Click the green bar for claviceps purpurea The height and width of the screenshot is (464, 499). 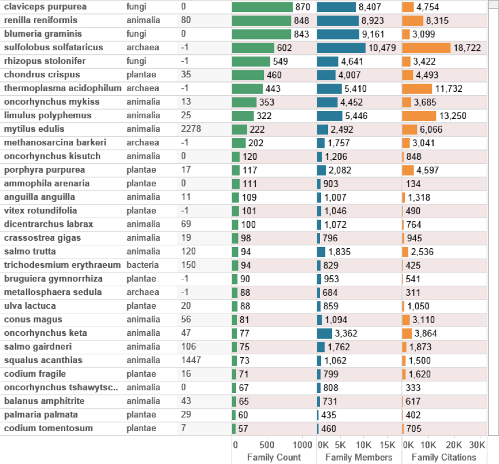[x=262, y=7]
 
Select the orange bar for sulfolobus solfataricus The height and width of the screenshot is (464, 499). [x=426, y=48]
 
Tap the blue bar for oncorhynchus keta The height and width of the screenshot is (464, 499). [x=325, y=333]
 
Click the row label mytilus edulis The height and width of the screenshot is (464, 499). [x=34, y=129]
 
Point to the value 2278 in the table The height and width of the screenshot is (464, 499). [x=191, y=129]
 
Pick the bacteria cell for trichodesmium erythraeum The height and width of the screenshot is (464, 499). [x=142, y=265]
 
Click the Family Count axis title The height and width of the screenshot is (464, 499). [x=274, y=457]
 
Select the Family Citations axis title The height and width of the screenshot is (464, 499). [x=444, y=457]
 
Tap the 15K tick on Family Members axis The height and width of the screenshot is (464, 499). [x=387, y=445]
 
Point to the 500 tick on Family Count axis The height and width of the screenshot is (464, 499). [x=267, y=445]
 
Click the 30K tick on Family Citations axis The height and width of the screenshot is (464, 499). [x=477, y=445]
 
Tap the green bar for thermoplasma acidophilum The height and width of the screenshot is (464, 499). [x=247, y=89]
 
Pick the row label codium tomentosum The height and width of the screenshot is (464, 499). [x=48, y=428]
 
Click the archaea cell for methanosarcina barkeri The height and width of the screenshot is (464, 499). [x=142, y=143]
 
